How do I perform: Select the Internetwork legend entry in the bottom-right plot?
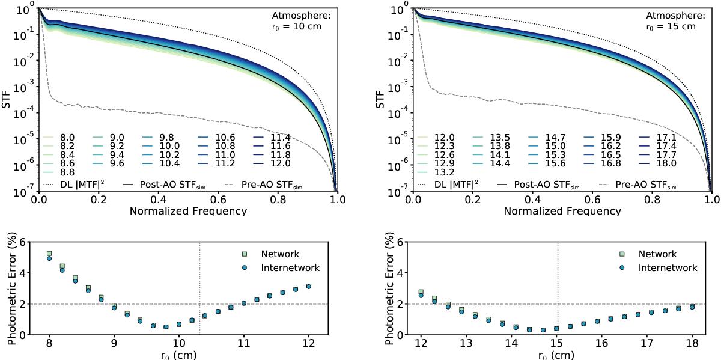coord(668,268)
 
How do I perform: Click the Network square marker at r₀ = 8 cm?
coord(49,254)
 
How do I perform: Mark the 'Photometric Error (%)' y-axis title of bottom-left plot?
coord(11,288)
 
